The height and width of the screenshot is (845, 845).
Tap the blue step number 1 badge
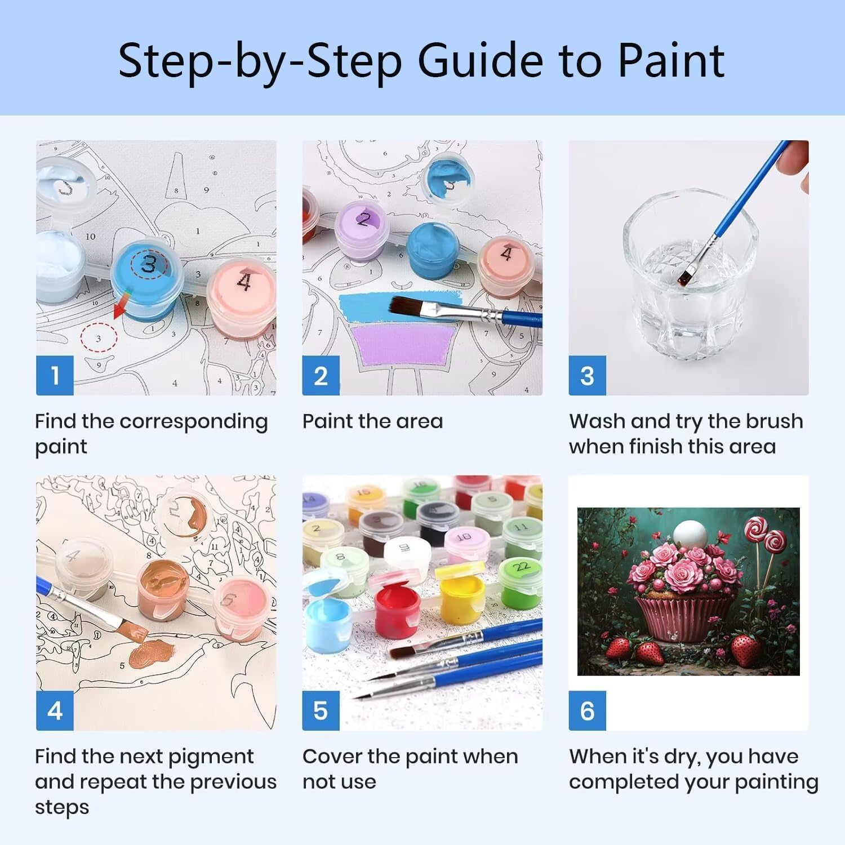click(x=55, y=375)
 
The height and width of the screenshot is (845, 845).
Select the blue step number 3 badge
click(x=587, y=375)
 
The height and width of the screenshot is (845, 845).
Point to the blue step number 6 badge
click(x=587, y=710)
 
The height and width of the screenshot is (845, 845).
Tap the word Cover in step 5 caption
click(x=332, y=757)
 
